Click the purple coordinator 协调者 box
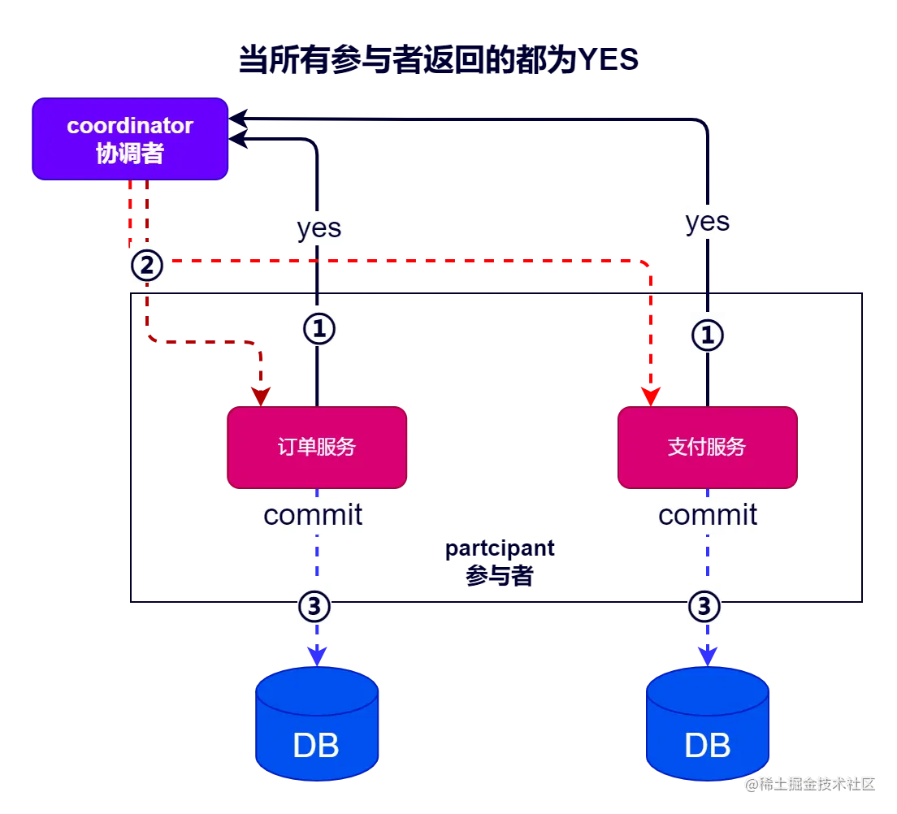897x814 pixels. (x=130, y=139)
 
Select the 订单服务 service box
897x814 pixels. (x=317, y=448)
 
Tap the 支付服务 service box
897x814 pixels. (x=708, y=448)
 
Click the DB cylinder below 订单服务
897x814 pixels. (x=317, y=724)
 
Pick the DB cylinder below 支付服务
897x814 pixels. (x=708, y=724)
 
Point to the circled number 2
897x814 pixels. (x=147, y=266)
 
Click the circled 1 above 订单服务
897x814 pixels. (x=319, y=329)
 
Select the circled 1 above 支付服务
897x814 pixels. (x=708, y=336)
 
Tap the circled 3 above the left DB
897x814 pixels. (x=314, y=606)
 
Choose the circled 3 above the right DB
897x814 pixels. (x=704, y=606)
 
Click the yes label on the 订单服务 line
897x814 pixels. (x=319, y=228)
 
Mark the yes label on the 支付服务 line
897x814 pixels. (x=708, y=222)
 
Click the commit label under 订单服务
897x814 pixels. (x=313, y=515)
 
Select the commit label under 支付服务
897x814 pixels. (x=708, y=515)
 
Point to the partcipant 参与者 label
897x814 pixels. (x=500, y=561)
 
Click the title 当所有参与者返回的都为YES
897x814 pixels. (x=438, y=59)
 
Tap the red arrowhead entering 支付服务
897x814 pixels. (x=651, y=396)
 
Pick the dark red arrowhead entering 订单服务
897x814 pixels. (x=261, y=396)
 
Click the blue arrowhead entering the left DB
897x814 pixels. (x=317, y=656)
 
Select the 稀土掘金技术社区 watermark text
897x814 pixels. (x=811, y=784)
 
